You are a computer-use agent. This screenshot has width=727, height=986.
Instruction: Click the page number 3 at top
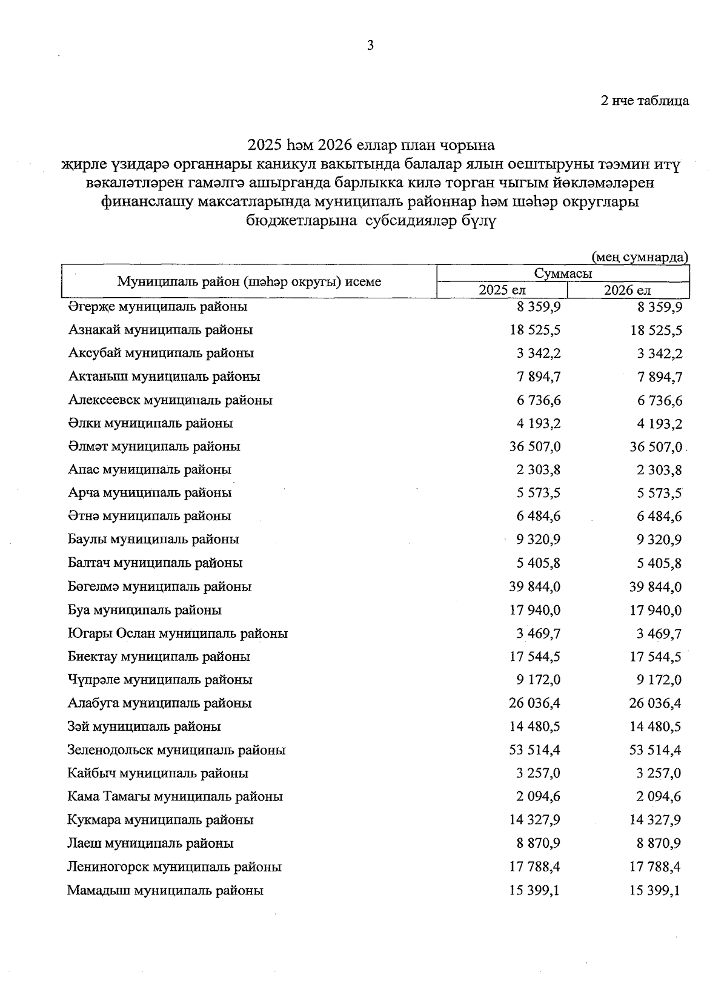(x=370, y=45)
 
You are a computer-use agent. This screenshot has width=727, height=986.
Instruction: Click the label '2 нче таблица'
(x=645, y=101)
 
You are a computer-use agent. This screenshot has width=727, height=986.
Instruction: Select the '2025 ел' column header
(x=502, y=290)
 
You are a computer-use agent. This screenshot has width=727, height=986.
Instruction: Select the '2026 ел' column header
(x=627, y=290)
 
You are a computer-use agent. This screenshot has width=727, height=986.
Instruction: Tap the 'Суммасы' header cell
(x=563, y=273)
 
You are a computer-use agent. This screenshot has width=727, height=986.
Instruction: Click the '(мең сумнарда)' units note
(x=640, y=257)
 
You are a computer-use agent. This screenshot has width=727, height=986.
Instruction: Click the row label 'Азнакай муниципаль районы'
(x=161, y=330)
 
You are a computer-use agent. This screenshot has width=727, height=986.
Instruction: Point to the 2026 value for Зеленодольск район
(x=656, y=750)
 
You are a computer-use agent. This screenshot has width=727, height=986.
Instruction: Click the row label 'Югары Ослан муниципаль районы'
(x=178, y=634)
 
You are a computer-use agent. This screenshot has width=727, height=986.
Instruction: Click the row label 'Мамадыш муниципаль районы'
(x=165, y=891)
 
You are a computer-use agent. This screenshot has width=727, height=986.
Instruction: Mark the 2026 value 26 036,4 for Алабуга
(x=656, y=703)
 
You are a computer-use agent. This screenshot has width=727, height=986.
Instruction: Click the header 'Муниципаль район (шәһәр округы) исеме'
(x=249, y=281)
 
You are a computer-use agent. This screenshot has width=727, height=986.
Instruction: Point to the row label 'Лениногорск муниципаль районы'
(x=174, y=867)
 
